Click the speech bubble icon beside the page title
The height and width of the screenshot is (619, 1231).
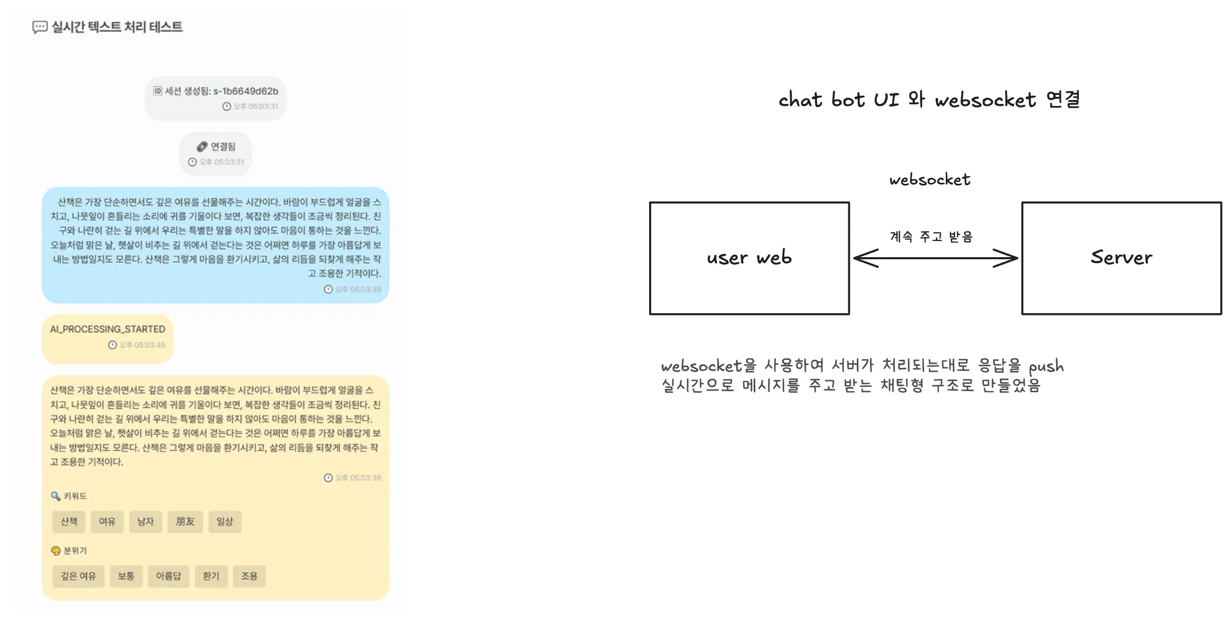pyautogui.click(x=40, y=27)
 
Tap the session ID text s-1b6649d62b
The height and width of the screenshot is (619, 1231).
pyautogui.click(x=246, y=91)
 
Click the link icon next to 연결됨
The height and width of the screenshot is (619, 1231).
pyautogui.click(x=202, y=147)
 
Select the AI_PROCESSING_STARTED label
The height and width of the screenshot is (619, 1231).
pyautogui.click(x=108, y=329)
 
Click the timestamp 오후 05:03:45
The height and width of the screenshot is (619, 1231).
pyautogui.click(x=142, y=345)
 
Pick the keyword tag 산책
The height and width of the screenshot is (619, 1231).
pyautogui.click(x=69, y=522)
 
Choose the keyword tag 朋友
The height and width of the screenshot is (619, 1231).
pyautogui.click(x=185, y=522)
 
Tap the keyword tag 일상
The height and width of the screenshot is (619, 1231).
pyautogui.click(x=225, y=522)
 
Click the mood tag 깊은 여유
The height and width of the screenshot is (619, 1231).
pyautogui.click(x=78, y=576)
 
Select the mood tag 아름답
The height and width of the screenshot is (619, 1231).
pyautogui.click(x=168, y=576)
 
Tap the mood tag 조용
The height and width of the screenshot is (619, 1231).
pyautogui.click(x=249, y=576)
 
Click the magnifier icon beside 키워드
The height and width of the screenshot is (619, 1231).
pyautogui.click(x=55, y=496)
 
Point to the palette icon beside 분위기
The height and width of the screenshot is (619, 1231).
pyautogui.click(x=56, y=550)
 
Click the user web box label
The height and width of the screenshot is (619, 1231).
pyautogui.click(x=749, y=258)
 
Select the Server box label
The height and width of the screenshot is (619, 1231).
pyautogui.click(x=1122, y=257)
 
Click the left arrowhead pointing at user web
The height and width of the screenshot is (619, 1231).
pyautogui.click(x=866, y=258)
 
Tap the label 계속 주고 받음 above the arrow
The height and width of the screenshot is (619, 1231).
pyautogui.click(x=931, y=237)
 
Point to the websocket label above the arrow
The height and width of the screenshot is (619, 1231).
pyautogui.click(x=930, y=180)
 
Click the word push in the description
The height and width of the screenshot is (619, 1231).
pyautogui.click(x=1046, y=367)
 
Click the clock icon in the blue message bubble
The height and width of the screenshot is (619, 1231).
pyautogui.click(x=328, y=290)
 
